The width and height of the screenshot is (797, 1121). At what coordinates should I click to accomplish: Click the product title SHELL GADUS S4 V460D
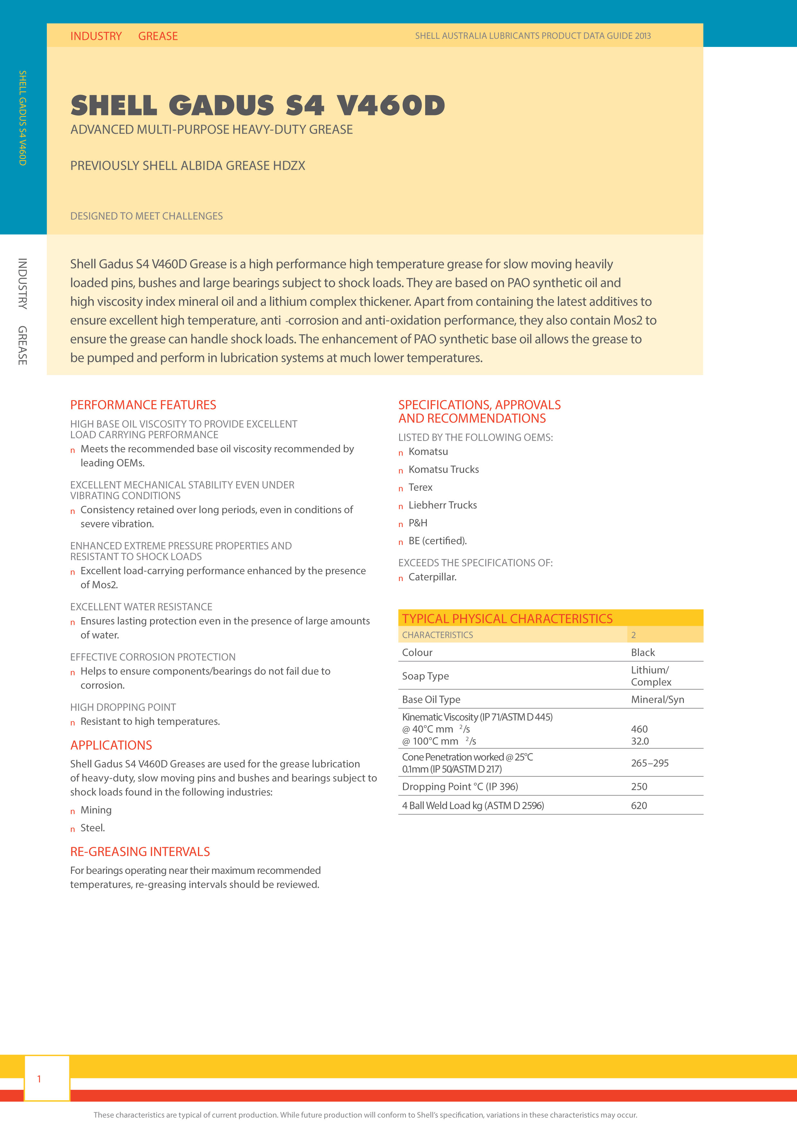tap(258, 105)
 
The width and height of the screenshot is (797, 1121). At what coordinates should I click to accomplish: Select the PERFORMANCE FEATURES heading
tap(143, 405)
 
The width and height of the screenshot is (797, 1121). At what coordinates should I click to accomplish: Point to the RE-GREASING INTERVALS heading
tap(140, 852)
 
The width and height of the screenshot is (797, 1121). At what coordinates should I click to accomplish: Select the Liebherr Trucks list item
tap(442, 505)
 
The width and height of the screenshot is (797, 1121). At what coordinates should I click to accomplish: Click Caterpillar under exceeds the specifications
tap(432, 577)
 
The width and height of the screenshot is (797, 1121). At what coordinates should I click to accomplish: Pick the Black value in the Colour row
tap(643, 652)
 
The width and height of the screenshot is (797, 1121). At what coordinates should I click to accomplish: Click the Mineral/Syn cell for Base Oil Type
tap(657, 699)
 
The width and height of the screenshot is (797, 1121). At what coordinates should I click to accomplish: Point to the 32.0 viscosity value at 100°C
tap(640, 741)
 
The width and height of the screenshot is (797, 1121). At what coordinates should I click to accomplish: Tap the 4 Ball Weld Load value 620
tap(639, 805)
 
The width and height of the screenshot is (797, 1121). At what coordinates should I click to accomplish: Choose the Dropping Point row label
tap(459, 787)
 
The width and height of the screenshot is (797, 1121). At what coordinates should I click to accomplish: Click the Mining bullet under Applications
tap(96, 810)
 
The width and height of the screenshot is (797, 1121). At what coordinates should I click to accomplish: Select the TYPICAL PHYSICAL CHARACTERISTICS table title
tap(507, 618)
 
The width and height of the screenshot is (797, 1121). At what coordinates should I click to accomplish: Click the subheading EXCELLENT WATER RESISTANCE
tap(141, 607)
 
